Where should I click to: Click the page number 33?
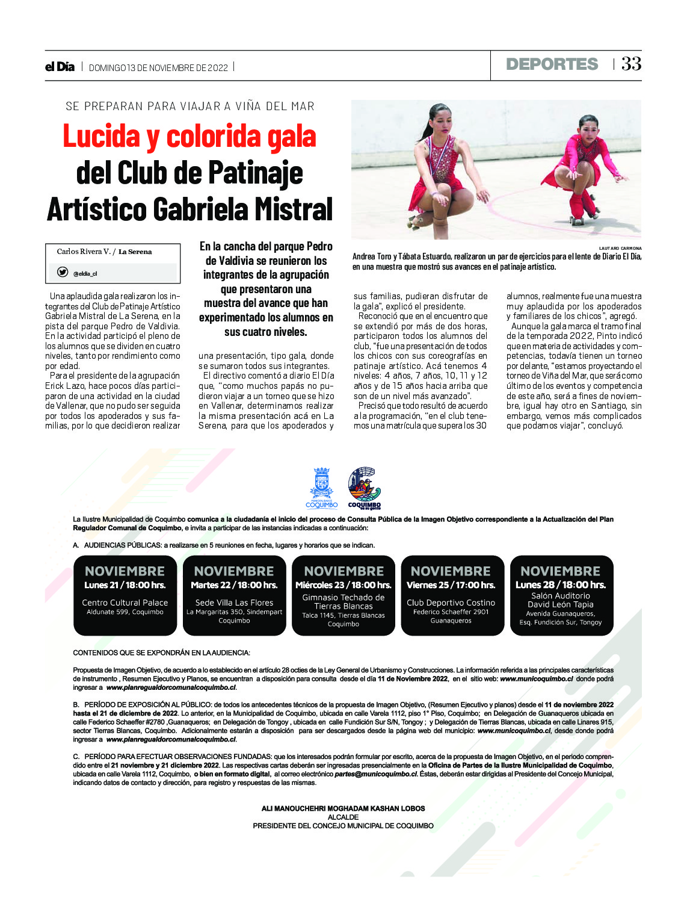[x=631, y=64]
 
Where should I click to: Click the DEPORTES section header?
[x=552, y=64]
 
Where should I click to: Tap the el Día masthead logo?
[x=60, y=67]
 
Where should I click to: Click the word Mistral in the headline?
[x=293, y=209]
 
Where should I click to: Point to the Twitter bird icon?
[x=63, y=272]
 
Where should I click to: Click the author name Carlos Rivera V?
[x=83, y=252]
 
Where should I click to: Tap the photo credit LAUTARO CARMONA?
[x=620, y=248]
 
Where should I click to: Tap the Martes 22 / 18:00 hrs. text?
[x=234, y=584]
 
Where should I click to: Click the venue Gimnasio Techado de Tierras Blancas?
[x=343, y=602]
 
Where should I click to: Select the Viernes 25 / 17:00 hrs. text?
[x=451, y=584]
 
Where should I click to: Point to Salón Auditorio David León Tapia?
[x=561, y=600]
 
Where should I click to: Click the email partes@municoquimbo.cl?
[x=376, y=774]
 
